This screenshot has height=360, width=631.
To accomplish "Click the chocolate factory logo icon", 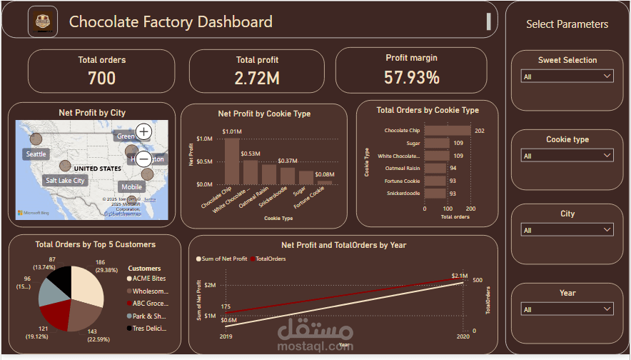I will pos(42,21).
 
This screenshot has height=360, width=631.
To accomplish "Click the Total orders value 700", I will pos(101,78).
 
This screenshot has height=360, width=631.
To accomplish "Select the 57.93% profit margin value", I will pos(411,77).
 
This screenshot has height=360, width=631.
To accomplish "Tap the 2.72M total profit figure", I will pos(257,78).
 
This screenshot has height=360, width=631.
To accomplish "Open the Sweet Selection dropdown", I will pos(567,76).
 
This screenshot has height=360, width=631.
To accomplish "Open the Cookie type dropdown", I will pos(567,156).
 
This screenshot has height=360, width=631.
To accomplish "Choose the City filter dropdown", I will pos(567,230).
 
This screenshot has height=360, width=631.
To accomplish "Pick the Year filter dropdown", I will pos(567,309).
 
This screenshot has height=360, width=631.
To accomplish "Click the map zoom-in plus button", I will pos(143,131).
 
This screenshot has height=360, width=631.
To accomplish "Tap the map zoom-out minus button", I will pos(143,159).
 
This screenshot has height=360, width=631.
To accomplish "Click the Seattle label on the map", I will pos(36,154).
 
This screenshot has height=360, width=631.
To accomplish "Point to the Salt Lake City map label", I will pos(65,181).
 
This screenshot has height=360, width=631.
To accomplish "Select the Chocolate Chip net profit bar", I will pos(232,161).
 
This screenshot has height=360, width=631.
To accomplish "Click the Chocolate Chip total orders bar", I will pos(448,131).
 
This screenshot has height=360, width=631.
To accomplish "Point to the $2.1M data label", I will pos(460,276).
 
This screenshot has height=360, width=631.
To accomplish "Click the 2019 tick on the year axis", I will pos(225,335).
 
